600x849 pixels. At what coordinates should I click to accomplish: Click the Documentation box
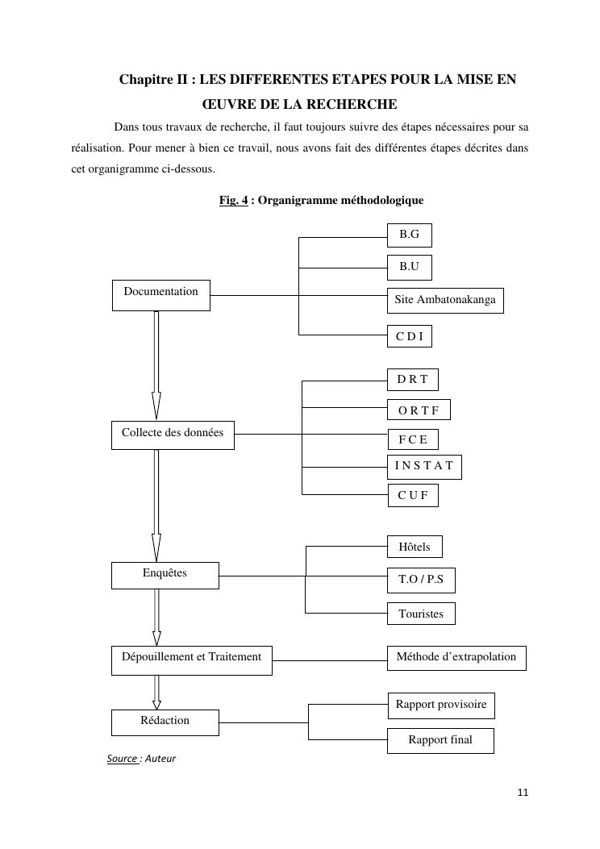pos(160,295)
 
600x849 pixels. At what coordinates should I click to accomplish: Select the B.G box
pos(409,235)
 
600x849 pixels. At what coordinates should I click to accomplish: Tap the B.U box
pos(409,267)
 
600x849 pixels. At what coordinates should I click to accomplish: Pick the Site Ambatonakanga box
pos(444,300)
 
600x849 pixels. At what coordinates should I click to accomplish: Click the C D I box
pos(409,336)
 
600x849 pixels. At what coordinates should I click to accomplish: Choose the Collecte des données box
pos(173,435)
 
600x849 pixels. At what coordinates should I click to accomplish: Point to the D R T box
pos(412,379)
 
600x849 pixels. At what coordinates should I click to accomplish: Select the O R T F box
pos(419,410)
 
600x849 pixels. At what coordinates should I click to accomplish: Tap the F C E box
pos(412,439)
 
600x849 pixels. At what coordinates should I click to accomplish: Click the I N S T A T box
pos(424,467)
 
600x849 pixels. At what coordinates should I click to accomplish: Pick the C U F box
pos(412,495)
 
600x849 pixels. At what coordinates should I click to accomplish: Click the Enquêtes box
pos(165,575)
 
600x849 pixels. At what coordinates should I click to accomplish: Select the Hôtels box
pos(415,547)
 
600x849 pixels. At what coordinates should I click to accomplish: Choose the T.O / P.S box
pos(421,580)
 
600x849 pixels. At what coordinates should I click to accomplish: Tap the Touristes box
pos(421,614)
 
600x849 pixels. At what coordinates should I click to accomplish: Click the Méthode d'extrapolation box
pos(456,658)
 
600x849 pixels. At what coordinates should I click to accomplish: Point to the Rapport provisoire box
pos(441,705)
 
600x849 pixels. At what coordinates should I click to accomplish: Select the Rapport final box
pos(440,740)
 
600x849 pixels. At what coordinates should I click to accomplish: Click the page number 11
pos(523,793)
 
